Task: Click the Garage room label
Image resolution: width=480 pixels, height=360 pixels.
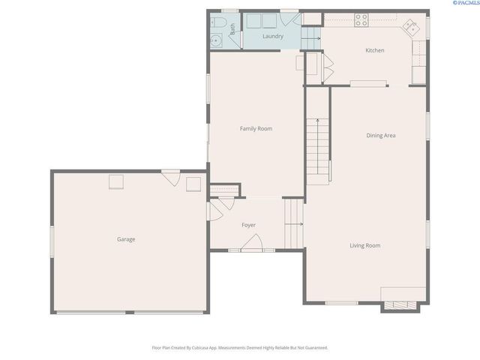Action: pos(126,239)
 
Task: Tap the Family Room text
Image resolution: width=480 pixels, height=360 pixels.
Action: pos(256,129)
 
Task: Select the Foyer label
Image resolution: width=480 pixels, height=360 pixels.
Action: pos(248,225)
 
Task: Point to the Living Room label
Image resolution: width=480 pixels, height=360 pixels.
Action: pos(365,245)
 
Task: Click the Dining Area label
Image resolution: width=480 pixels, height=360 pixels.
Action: pos(380,136)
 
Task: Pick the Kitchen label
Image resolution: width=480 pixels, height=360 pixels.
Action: pos(375,50)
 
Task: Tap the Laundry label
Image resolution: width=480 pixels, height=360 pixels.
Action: pos(272,36)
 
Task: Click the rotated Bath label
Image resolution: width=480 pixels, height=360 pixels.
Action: pos(232,29)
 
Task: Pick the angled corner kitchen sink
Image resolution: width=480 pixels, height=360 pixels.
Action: pos(411,28)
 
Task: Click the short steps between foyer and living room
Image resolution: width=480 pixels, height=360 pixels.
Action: pos(293,223)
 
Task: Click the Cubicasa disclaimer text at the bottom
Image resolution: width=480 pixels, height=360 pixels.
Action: pos(240,348)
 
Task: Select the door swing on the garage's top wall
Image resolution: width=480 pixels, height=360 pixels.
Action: pos(171,178)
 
